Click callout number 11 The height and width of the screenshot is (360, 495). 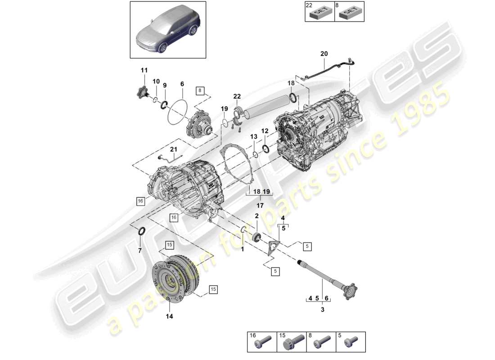tap(144, 70)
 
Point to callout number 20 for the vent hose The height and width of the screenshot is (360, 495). tap(324, 54)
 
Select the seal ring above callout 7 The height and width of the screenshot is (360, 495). tap(141, 232)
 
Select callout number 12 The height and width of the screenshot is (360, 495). tap(265, 131)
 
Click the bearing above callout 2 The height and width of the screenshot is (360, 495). tap(257, 237)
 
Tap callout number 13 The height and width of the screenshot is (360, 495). tap(254, 137)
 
